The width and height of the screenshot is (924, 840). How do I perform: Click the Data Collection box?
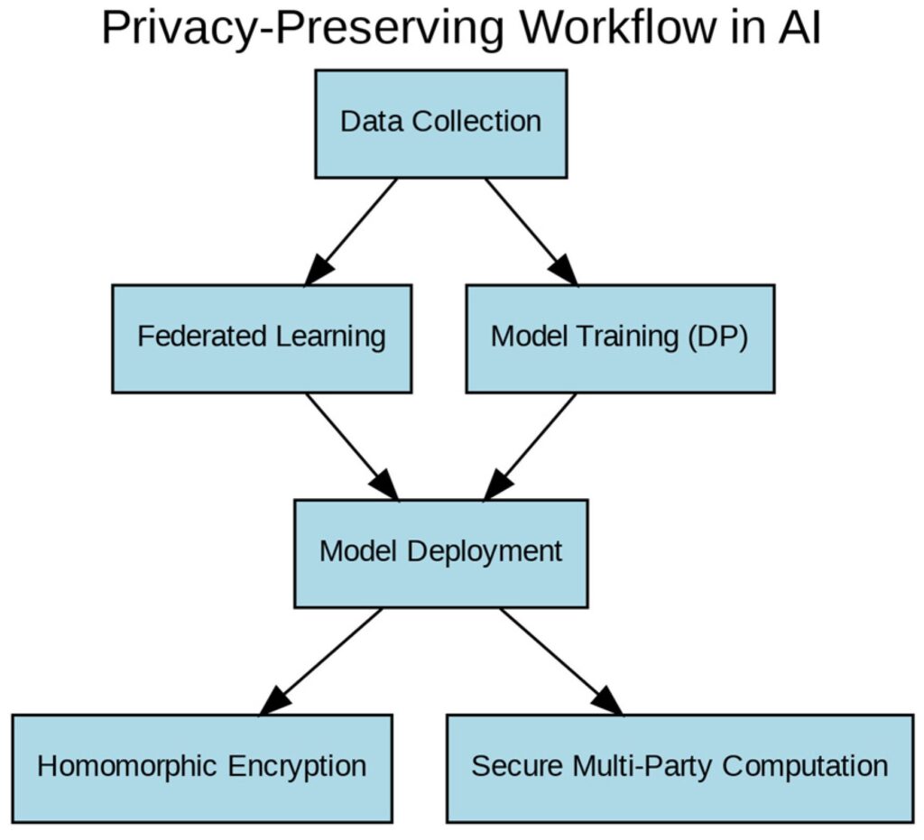click(x=440, y=124)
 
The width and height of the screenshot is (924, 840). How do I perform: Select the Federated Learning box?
click(x=262, y=338)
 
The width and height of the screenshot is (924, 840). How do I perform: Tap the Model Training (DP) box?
click(x=619, y=338)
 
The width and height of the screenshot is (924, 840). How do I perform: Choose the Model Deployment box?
click(x=440, y=552)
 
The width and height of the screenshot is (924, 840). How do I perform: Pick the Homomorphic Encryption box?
click(x=202, y=768)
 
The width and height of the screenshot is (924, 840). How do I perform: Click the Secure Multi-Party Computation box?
click(x=679, y=768)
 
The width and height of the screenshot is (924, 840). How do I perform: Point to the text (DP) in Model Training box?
click(x=718, y=338)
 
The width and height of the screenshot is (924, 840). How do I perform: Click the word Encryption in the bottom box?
click(x=297, y=768)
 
